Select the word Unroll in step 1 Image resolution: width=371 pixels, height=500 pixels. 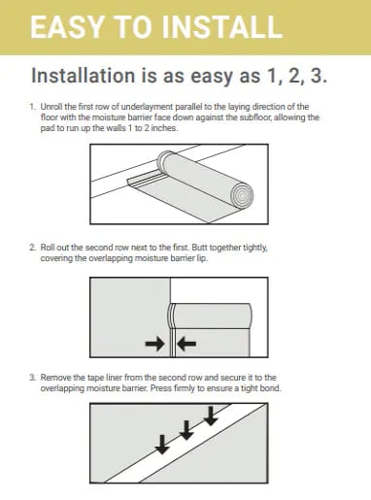click(53, 106)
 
